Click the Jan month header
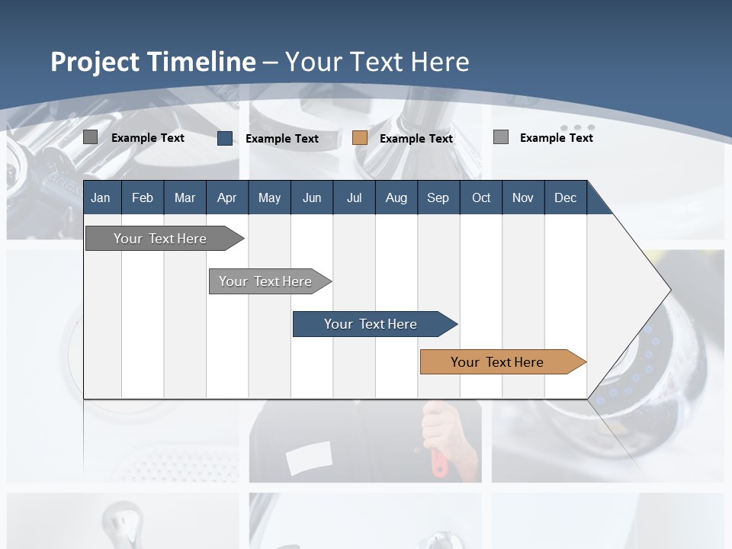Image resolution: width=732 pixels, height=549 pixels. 101,197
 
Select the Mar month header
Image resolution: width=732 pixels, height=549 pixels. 185,197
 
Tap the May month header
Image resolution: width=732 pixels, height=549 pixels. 269,197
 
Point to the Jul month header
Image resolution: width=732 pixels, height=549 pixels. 354,197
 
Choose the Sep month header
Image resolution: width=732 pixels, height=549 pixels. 438,197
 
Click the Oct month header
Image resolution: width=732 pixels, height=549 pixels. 481,197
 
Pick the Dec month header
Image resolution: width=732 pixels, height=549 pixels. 565,197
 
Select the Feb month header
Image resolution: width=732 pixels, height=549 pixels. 143,197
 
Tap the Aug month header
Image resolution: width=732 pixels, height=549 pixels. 396,197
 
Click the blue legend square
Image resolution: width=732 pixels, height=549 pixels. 225,138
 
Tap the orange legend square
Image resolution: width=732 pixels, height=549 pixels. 360,138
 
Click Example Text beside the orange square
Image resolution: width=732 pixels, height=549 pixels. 416,139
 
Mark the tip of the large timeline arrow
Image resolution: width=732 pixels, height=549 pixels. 669,289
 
